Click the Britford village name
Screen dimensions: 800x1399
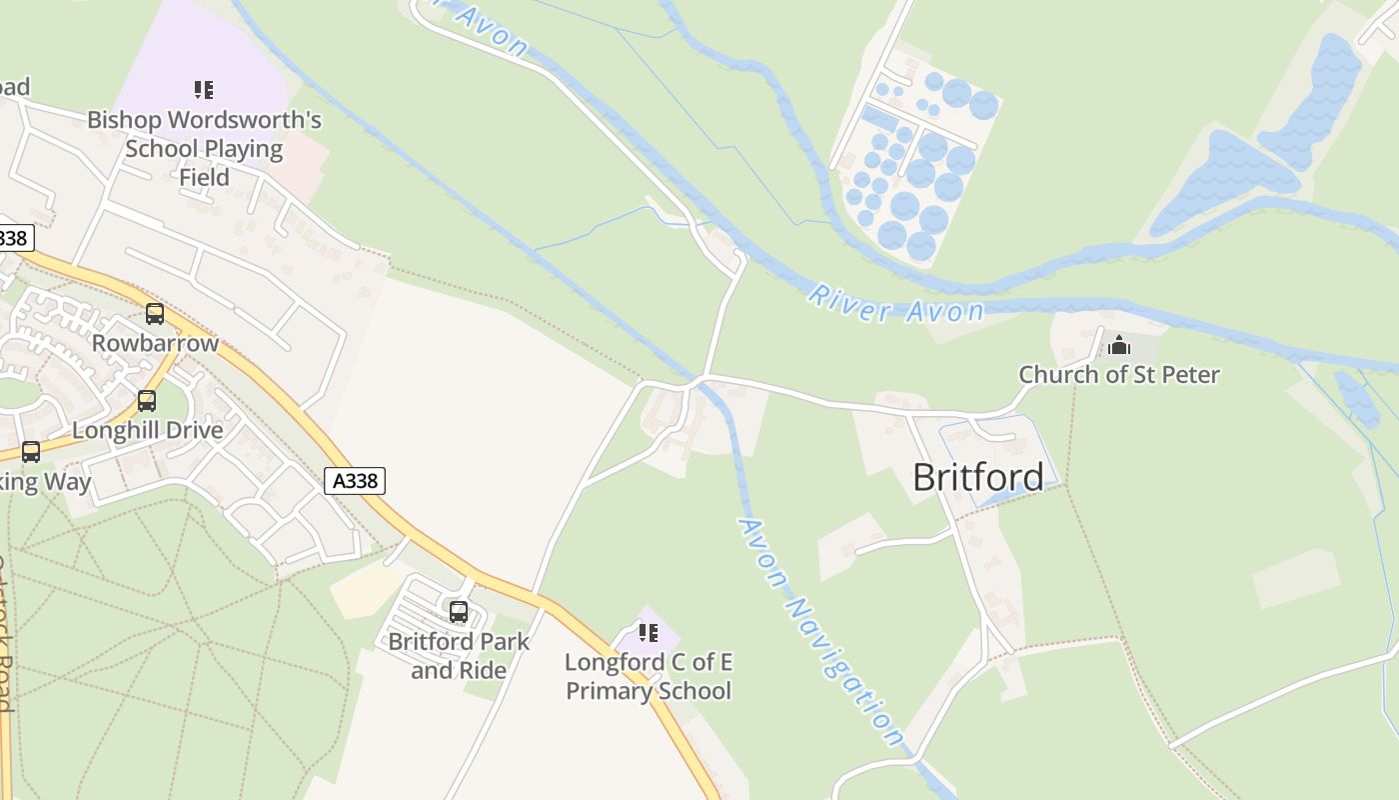977,477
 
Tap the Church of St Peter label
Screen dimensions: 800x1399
1118,375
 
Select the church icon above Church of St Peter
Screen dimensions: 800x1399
1119,345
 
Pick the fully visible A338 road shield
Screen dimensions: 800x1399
355,481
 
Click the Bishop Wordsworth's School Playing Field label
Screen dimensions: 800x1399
204,149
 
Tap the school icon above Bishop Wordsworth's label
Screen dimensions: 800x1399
204,90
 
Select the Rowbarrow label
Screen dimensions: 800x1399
155,343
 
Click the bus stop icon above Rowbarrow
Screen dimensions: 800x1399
155,314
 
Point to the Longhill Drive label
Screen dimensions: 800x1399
148,430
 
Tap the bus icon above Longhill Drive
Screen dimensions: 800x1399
147,401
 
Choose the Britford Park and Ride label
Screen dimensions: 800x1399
459,655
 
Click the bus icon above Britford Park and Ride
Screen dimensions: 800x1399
459,612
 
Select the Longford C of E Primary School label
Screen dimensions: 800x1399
649,676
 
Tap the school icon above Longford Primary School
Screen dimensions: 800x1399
649,633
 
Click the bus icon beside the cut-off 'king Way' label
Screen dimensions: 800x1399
31,452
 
